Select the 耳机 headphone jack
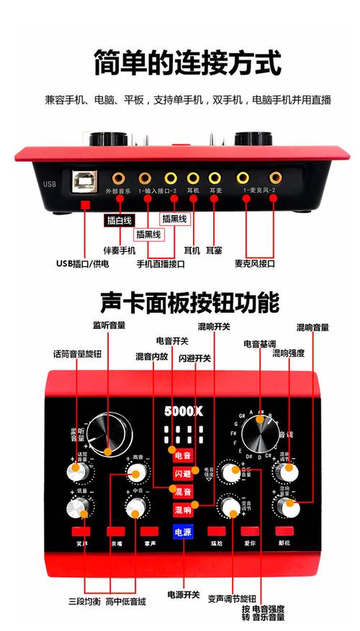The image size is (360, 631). click(193, 176)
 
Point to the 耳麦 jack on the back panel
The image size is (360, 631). click(215, 176)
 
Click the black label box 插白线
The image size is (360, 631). click(120, 221)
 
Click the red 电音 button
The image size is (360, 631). click(183, 455)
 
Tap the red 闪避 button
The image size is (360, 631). click(183, 473)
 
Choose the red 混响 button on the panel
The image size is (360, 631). click(183, 509)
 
